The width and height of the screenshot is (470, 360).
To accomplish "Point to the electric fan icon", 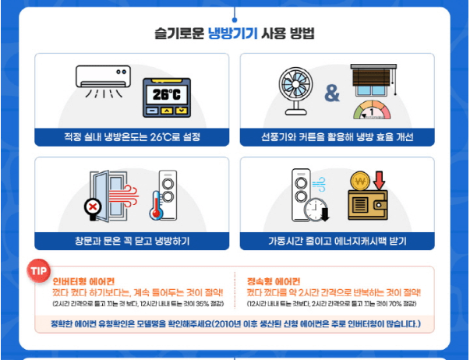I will [296, 88].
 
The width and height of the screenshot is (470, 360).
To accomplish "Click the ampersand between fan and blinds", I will [332, 94].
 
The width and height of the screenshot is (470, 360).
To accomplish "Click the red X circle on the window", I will [94, 208].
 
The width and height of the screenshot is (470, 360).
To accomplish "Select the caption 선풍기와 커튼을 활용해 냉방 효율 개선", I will [337, 138].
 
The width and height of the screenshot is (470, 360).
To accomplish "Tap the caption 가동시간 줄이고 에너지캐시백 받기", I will [337, 240].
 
